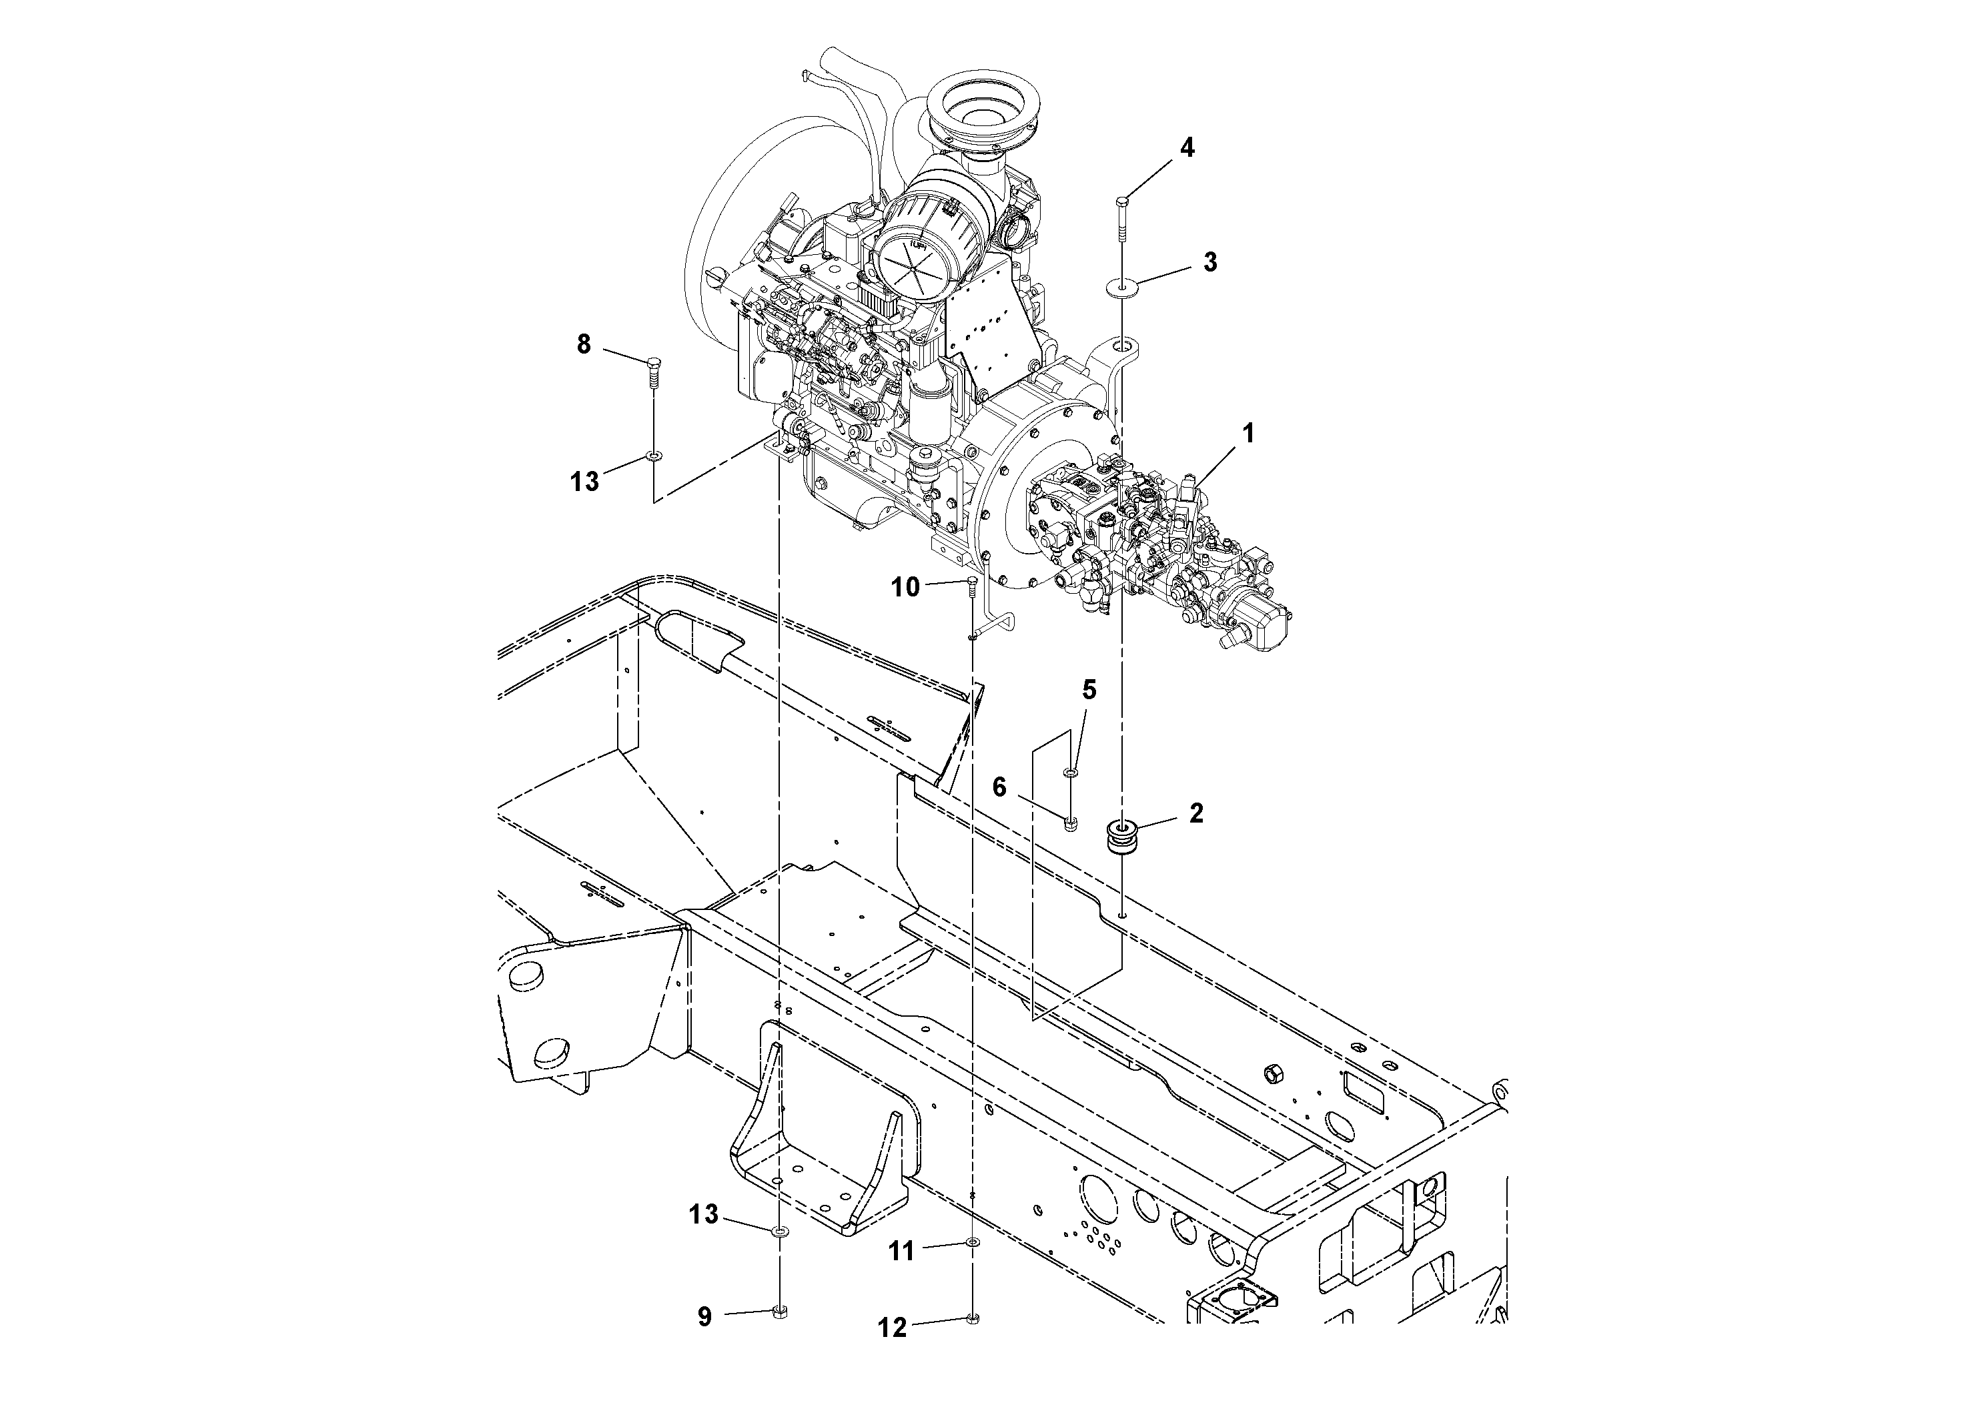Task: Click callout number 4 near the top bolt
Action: point(1187,148)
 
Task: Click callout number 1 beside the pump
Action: point(1248,434)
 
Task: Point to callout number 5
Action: point(1089,689)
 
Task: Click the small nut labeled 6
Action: point(1071,823)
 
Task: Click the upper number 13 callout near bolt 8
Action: point(584,481)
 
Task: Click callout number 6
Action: point(999,787)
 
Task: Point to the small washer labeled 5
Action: point(1071,770)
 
